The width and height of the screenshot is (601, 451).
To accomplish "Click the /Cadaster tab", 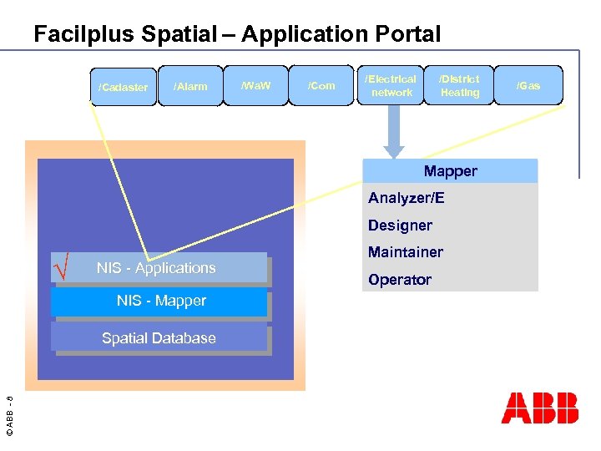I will [x=124, y=87].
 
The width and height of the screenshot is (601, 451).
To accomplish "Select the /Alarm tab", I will [x=190, y=87].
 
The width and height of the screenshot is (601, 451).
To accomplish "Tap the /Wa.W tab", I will [x=255, y=85].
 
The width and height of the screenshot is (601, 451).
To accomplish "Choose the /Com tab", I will [x=321, y=85].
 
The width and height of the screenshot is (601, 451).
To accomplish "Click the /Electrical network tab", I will [x=391, y=86].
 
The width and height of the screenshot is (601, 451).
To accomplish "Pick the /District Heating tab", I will [x=460, y=86].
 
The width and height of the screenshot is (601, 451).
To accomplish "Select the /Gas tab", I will [x=528, y=85].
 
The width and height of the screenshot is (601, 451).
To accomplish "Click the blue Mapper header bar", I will [x=450, y=171].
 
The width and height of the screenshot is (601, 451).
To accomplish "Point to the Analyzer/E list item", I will [x=407, y=198].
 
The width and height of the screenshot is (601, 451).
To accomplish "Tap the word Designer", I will [x=401, y=225].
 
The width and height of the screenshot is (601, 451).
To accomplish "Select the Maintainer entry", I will [x=406, y=252].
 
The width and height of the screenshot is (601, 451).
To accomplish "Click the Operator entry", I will [x=400, y=280].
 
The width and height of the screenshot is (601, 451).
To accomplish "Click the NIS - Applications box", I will [x=159, y=268].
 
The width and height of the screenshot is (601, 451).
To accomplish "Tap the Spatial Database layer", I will [x=159, y=338].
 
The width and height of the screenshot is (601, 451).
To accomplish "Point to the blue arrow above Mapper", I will [x=393, y=134].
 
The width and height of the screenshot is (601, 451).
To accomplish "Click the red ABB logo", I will [x=539, y=408].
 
